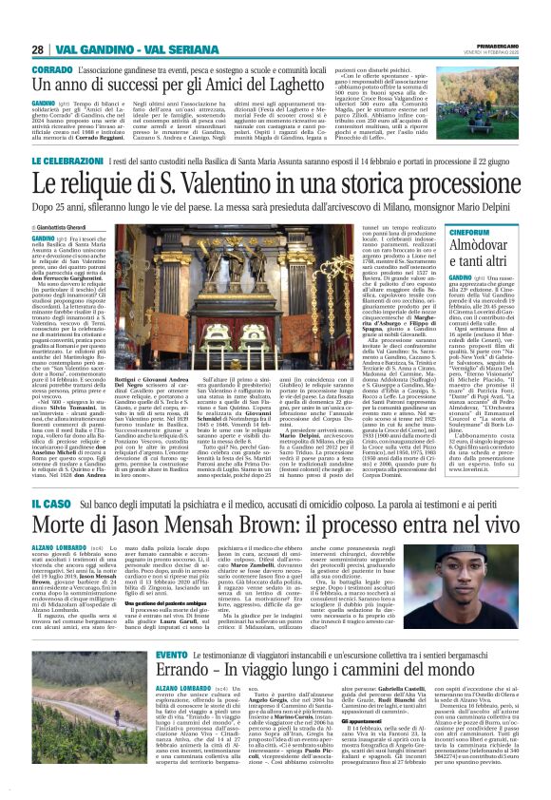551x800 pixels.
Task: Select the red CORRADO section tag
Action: click(x=47, y=70)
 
